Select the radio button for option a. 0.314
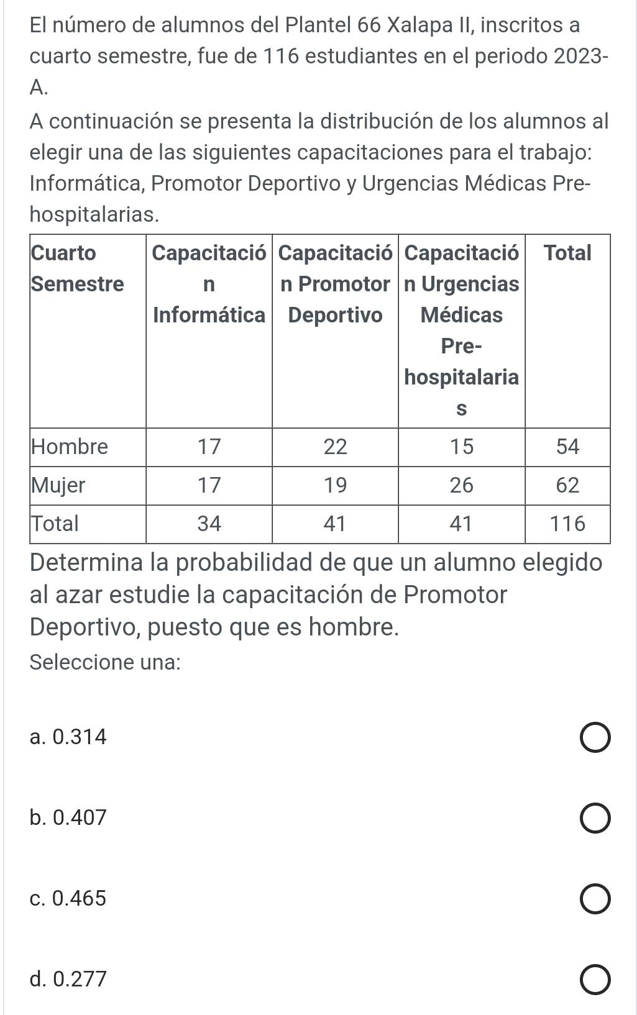(595, 737)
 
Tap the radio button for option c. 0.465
(595, 899)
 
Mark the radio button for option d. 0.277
(595, 980)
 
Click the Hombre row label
(70, 447)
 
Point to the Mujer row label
(58, 485)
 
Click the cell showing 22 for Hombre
(335, 447)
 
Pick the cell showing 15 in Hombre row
(461, 447)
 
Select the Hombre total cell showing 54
(567, 447)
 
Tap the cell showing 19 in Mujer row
(335, 485)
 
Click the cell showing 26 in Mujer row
(461, 485)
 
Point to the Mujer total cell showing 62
(567, 485)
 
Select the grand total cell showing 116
(567, 524)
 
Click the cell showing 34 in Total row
(209, 524)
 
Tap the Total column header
(567, 253)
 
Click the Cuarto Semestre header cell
(77, 268)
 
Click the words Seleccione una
(105, 662)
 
